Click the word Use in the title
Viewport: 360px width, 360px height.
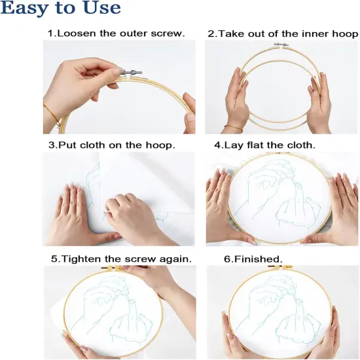point(101,9)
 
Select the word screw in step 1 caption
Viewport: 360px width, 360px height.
point(168,33)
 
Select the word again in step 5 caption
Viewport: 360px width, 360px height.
point(175,259)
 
